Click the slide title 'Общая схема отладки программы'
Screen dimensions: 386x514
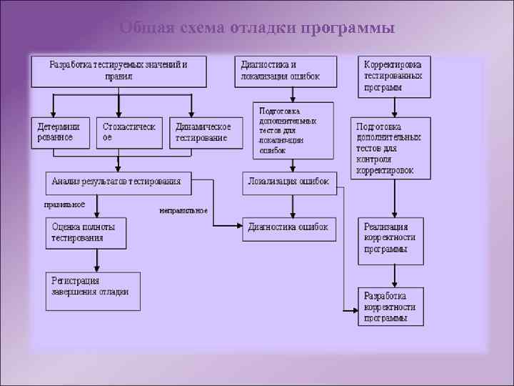pyautogui.click(x=257, y=28)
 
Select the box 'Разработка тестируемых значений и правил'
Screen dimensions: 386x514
pyautogui.click(x=119, y=71)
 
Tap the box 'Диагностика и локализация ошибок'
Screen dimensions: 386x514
pyautogui.click(x=286, y=71)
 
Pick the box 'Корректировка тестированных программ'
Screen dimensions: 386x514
pyautogui.click(x=394, y=76)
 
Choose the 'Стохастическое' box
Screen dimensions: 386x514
pyautogui.click(x=130, y=132)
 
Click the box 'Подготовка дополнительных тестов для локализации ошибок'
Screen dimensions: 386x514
pyautogui.click(x=293, y=131)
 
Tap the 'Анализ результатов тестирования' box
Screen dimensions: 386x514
pyautogui.click(x=119, y=182)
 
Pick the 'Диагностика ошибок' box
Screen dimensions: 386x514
pyautogui.click(x=288, y=228)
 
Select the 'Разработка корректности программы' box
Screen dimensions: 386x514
pyautogui.click(x=391, y=307)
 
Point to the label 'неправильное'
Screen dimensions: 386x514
pyautogui.click(x=183, y=211)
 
